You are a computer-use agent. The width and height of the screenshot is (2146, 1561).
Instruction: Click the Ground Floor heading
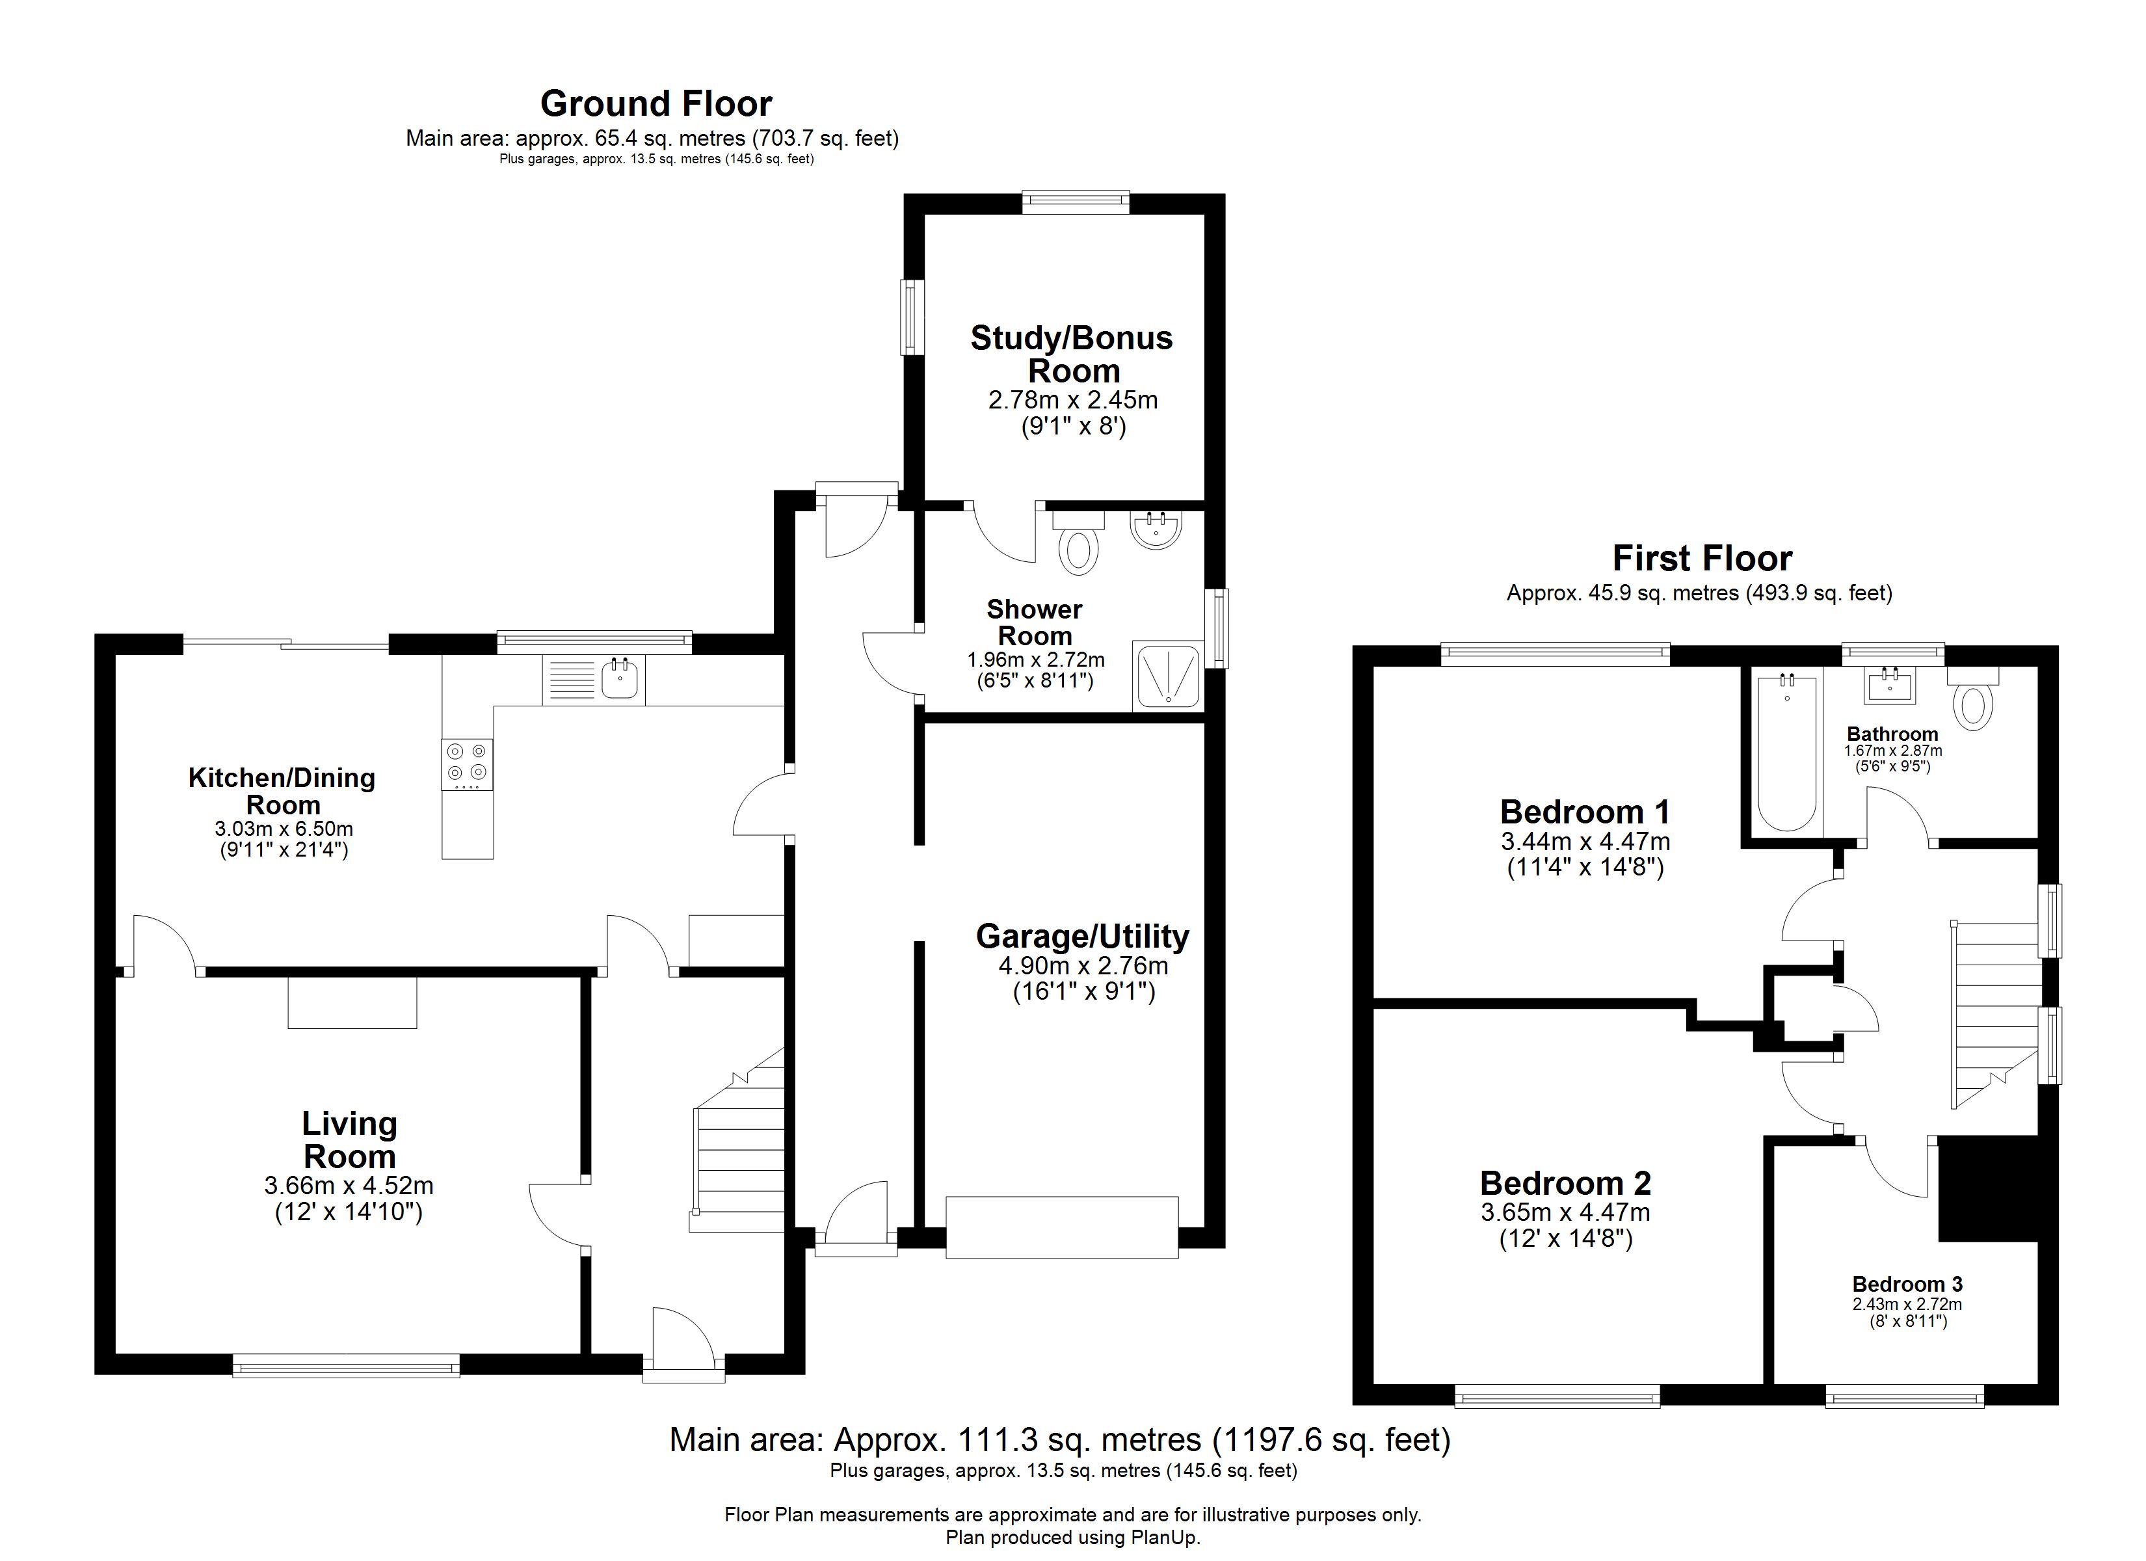click(656, 103)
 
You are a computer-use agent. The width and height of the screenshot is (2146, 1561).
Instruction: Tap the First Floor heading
click(1701, 559)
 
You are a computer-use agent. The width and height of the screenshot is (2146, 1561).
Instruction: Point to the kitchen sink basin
click(620, 679)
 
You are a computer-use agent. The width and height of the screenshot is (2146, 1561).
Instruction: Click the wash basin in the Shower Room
click(1154, 529)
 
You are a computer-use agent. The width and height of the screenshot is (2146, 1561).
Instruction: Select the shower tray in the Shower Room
click(1168, 676)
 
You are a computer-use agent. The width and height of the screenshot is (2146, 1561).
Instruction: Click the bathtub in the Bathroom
click(1786, 753)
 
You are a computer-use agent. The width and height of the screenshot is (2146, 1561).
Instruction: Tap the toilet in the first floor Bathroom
click(1973, 705)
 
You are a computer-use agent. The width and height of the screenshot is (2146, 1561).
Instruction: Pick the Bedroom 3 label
click(1907, 1285)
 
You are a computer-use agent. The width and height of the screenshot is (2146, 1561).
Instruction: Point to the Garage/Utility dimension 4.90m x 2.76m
click(1083, 966)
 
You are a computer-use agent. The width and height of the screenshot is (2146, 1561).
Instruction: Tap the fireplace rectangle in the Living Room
click(352, 1002)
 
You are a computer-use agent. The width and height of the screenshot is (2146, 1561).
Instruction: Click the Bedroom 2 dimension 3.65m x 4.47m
click(1565, 1212)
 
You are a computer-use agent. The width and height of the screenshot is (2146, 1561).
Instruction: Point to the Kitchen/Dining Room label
click(282, 792)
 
